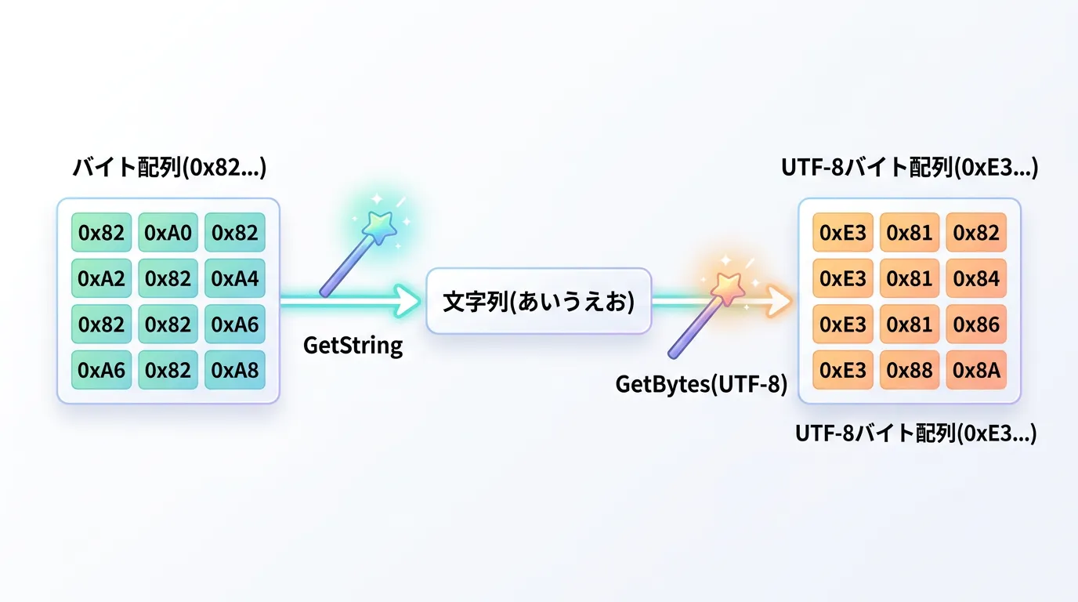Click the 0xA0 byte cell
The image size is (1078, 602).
168,233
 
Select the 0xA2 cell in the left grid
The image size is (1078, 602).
102,278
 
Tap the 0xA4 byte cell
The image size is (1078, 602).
235,278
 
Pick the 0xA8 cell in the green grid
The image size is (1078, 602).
235,369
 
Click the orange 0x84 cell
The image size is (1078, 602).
977,278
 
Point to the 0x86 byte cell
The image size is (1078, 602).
977,324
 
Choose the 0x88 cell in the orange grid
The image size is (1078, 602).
910,369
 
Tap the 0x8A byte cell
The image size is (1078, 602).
977,369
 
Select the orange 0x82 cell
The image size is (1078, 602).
977,233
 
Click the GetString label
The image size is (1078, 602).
353,345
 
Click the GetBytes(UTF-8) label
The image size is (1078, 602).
701,384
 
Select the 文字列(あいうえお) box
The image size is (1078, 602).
538,302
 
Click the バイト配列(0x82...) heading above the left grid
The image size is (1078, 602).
169,169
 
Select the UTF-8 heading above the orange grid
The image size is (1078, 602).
909,169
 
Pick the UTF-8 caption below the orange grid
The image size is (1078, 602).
915,433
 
